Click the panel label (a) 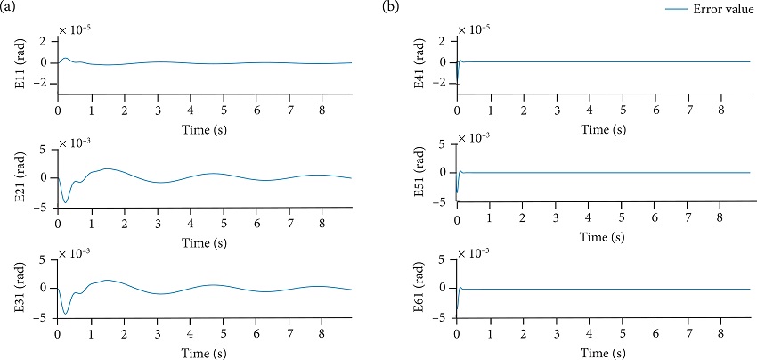click(8, 7)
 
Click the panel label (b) click(390, 7)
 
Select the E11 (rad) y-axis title click(18, 62)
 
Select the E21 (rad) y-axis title click(18, 176)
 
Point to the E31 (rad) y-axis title click(18, 288)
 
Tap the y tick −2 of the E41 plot click(438, 83)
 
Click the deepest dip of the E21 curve click(65, 202)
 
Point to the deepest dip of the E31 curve click(65, 313)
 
